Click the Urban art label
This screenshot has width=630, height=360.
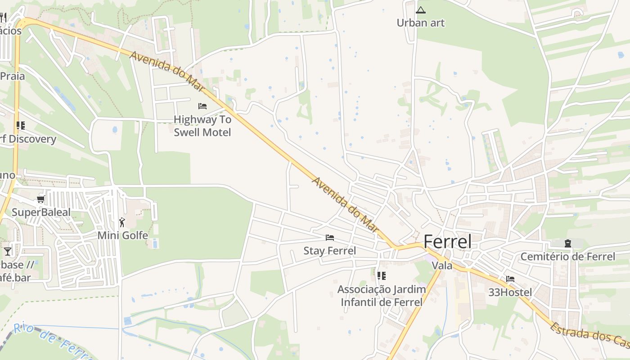click(420, 22)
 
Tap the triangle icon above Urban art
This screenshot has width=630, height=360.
click(421, 10)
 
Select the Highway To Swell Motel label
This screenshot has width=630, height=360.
click(202, 126)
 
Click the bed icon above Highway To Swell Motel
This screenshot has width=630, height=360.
click(202, 106)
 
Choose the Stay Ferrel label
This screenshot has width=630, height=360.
click(329, 251)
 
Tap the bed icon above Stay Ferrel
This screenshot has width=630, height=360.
click(330, 238)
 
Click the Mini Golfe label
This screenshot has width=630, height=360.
click(122, 235)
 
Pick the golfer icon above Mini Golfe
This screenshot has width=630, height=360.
click(122, 222)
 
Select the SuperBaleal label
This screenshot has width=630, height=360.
click(41, 212)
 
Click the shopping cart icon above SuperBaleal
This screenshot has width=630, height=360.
click(41, 199)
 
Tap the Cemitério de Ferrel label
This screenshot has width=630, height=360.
click(567, 256)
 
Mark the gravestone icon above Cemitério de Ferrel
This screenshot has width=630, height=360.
click(568, 243)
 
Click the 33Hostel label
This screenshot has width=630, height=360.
click(510, 292)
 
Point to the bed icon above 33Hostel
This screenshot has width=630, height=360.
click(510, 279)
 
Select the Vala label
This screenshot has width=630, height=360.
click(442, 265)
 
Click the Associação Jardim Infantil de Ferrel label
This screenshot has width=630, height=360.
click(382, 296)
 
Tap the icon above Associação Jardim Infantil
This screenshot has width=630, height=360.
click(382, 275)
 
